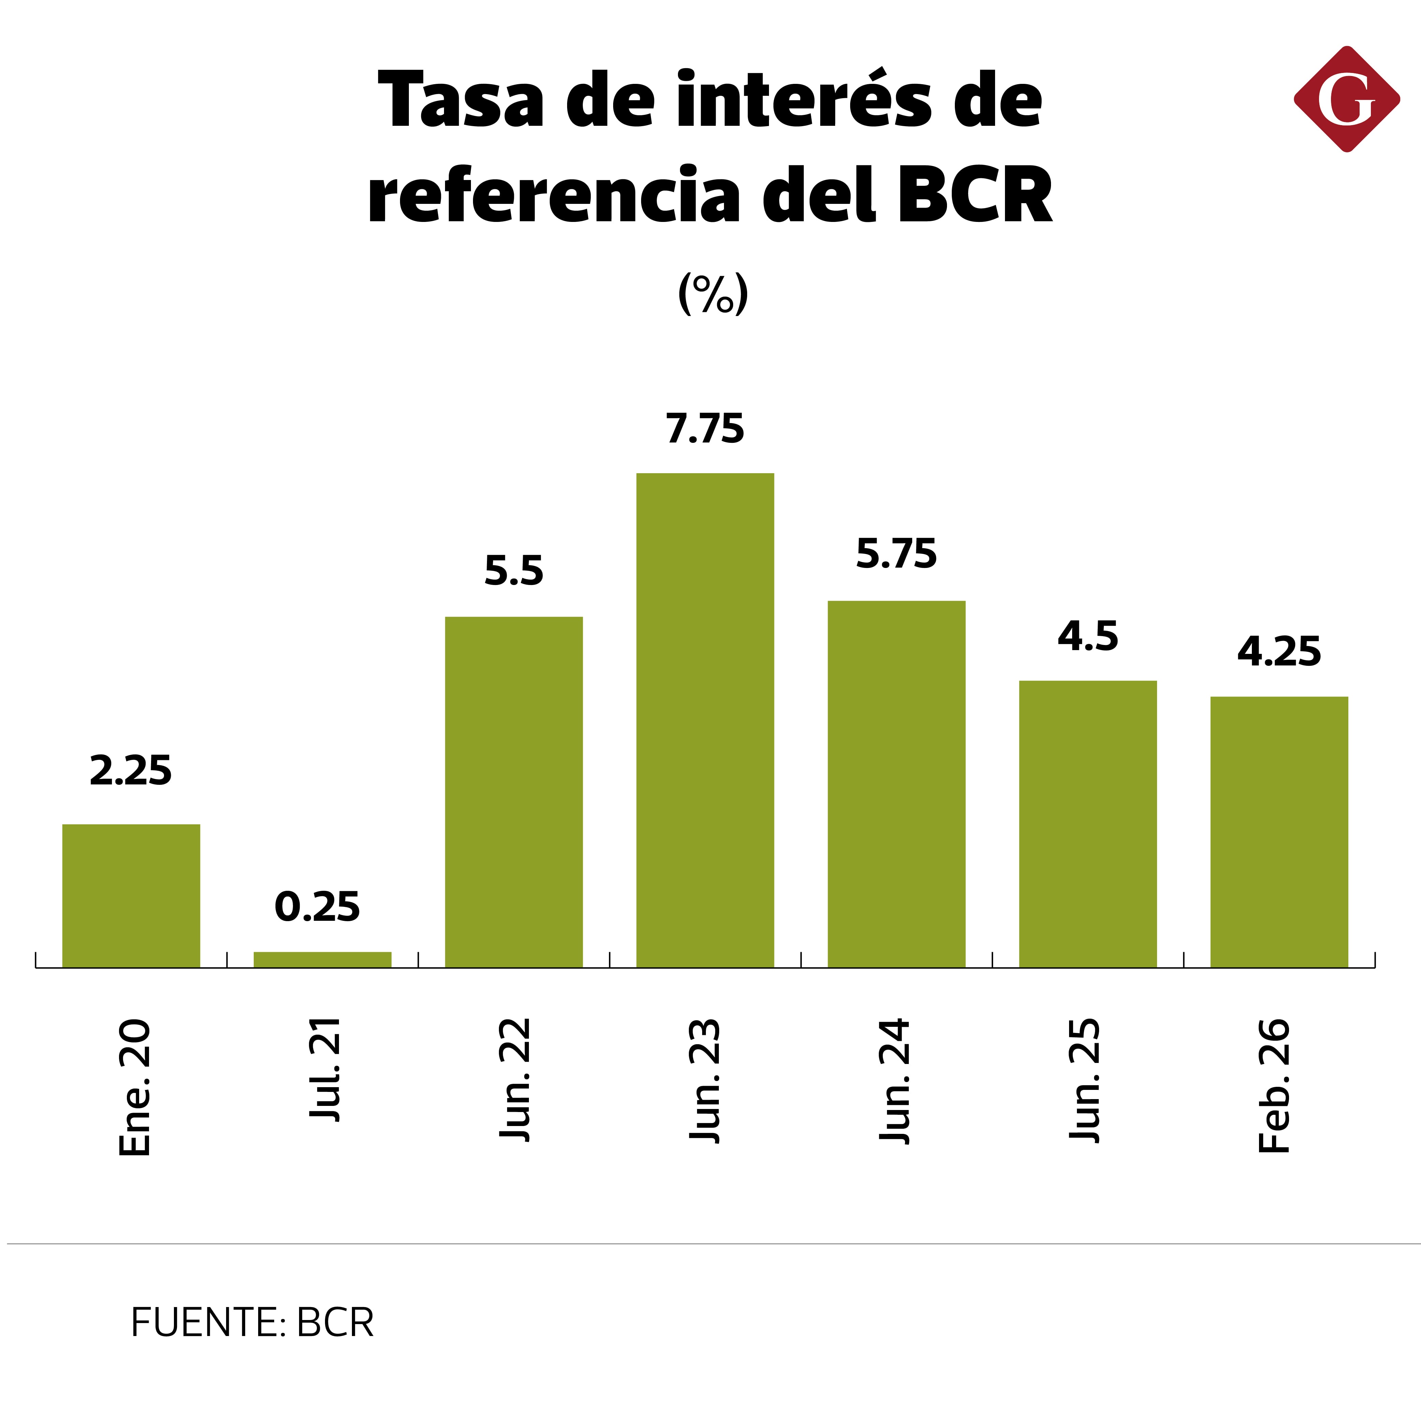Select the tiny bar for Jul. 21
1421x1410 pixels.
[x=322, y=959]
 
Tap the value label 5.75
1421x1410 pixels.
[x=896, y=554]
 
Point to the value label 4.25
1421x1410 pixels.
[x=1278, y=651]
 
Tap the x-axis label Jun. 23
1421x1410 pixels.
[x=705, y=1081]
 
